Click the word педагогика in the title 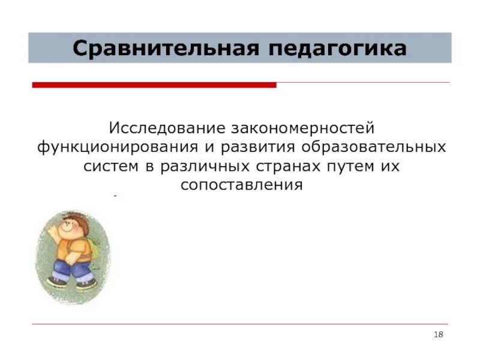337,48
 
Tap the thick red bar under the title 154,85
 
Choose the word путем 352,166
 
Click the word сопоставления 241,185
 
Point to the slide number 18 438,334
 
